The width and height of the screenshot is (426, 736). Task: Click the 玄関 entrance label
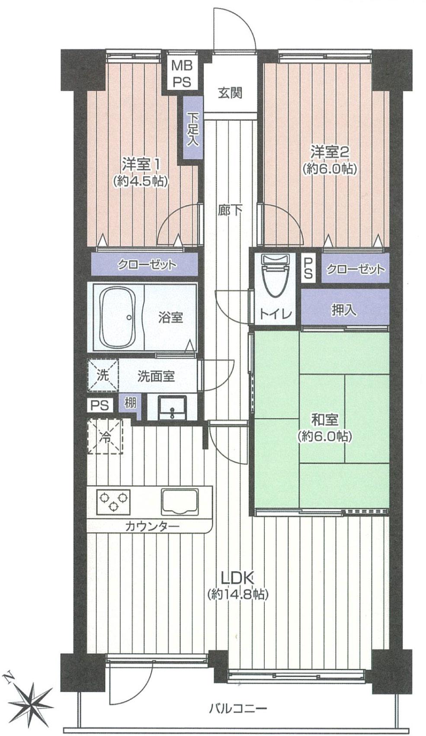[x=230, y=93]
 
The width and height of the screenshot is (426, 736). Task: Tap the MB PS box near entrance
[x=182, y=74]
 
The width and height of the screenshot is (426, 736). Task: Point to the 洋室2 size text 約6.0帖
[x=330, y=168]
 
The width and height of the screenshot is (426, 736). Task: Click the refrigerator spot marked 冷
[x=105, y=436]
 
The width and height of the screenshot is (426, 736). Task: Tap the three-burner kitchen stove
[x=113, y=500]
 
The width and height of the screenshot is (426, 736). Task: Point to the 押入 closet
[x=344, y=310]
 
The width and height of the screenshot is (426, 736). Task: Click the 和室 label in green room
[x=324, y=419]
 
